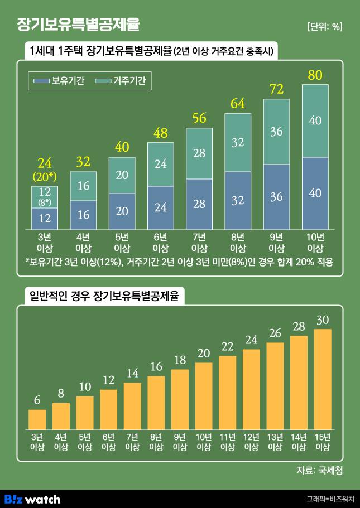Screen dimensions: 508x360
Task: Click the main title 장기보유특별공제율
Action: tap(79, 25)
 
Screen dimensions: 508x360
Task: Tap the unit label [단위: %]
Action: tap(325, 26)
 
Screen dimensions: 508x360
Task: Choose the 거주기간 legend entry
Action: tap(121, 81)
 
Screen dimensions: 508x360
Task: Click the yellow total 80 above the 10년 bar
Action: tap(315, 75)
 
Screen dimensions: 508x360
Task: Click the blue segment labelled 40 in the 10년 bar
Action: tap(315, 193)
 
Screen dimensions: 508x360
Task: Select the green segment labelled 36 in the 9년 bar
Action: tap(276, 132)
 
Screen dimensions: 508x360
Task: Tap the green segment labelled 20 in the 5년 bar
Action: tap(122, 175)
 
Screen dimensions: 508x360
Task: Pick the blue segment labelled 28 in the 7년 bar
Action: tap(199, 204)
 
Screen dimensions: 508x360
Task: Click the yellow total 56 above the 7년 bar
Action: tap(199, 118)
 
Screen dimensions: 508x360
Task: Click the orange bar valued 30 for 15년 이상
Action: tap(323, 379)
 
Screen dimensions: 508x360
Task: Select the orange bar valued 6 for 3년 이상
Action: tap(37, 419)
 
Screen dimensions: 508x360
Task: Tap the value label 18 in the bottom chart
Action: tap(180, 360)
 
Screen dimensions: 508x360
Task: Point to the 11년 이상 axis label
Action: tap(227, 442)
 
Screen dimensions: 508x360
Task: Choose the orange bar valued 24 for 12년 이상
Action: tap(251, 389)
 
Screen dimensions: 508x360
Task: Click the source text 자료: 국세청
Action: tap(319, 471)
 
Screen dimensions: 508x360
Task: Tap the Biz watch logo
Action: tap(32, 499)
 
